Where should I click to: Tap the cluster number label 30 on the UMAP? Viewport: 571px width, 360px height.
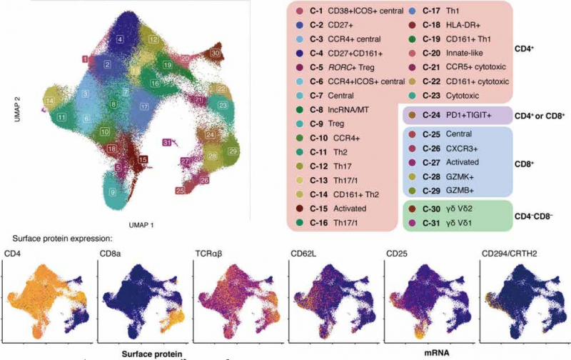point(215,54)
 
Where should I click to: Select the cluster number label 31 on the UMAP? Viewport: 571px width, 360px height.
point(166,144)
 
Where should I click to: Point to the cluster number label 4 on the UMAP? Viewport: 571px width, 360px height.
point(121,39)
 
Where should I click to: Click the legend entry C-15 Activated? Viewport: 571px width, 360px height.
point(333,208)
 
